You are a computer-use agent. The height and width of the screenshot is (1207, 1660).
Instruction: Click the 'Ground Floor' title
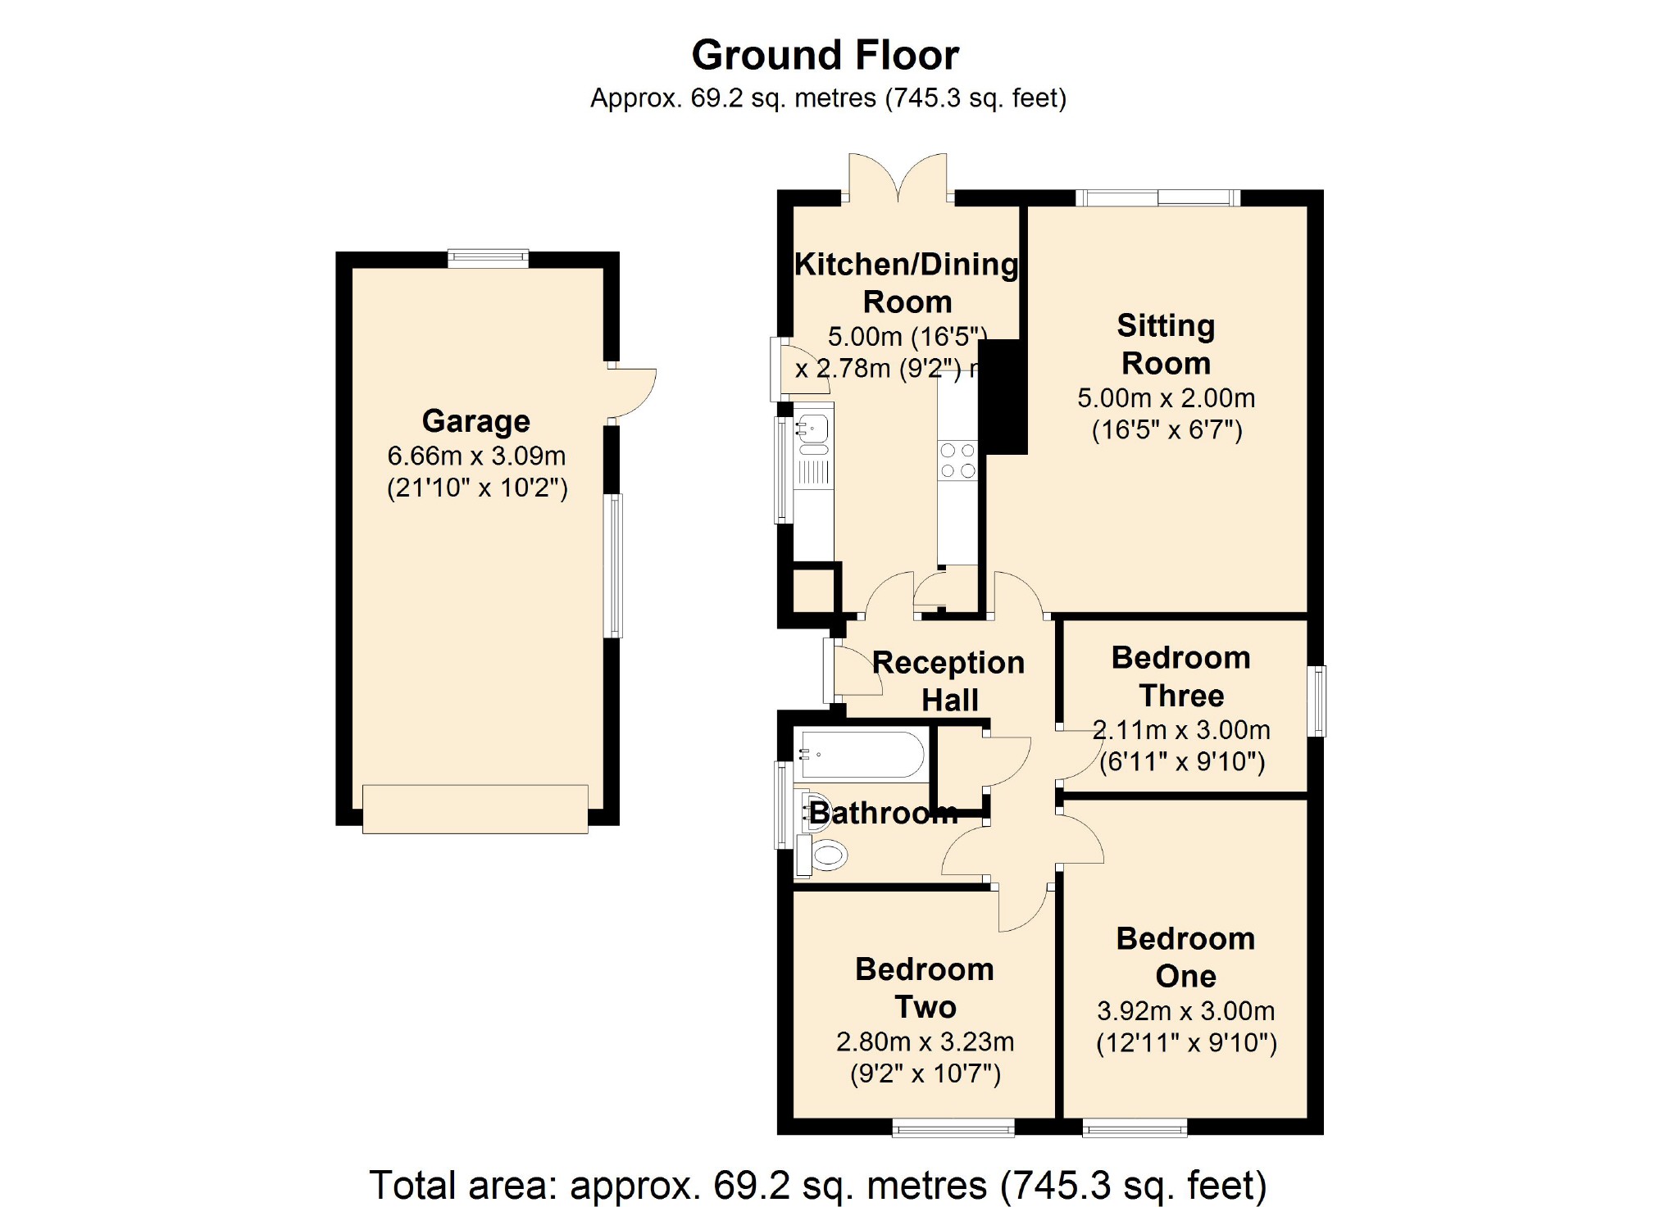tap(825, 56)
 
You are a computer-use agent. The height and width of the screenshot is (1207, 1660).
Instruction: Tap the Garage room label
tap(475, 421)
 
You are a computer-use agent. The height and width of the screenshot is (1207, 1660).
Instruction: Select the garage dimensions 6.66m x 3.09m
tap(476, 456)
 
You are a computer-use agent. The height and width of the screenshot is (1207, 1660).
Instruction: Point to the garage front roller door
tap(475, 810)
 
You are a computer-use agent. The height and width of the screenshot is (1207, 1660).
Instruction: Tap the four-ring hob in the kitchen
tap(957, 461)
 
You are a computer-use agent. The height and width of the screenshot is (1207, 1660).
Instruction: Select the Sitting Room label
tap(1166, 344)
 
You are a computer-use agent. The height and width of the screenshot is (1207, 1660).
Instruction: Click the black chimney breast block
tap(1003, 397)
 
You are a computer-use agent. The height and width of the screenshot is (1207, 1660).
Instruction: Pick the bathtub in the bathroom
tap(862, 754)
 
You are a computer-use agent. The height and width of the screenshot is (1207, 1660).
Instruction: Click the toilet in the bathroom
tap(821, 855)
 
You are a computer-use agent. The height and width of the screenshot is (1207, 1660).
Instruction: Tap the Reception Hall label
tap(948, 681)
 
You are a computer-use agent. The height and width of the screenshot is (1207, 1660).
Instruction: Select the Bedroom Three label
tap(1181, 676)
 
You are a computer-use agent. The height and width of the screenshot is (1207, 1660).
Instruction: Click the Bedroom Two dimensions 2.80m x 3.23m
tap(926, 1041)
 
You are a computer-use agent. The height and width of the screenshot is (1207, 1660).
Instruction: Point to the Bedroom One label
tap(1185, 957)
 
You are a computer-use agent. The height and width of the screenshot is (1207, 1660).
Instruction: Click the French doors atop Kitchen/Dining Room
tap(898, 177)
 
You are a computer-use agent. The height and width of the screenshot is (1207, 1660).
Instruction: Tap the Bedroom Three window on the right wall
tap(1317, 701)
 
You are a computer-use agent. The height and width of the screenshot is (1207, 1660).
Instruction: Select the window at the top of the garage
tap(489, 259)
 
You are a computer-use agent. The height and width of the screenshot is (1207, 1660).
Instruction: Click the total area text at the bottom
tap(818, 1185)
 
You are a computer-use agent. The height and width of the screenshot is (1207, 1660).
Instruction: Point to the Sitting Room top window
tap(1158, 197)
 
